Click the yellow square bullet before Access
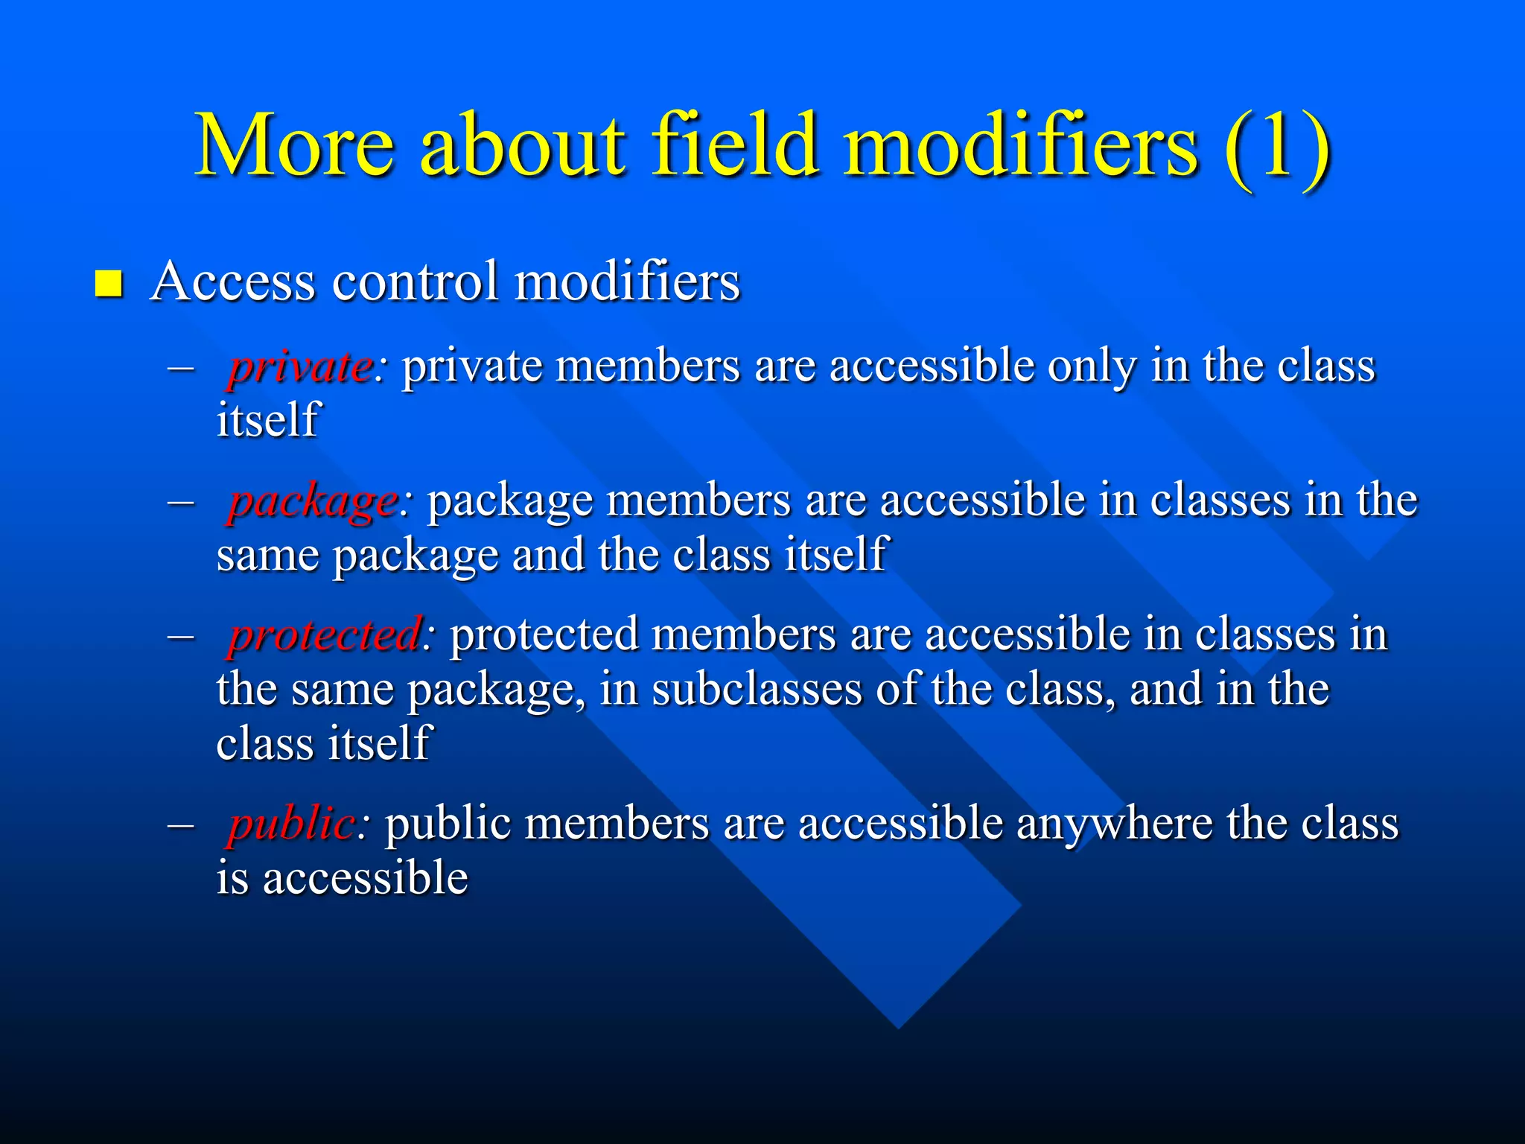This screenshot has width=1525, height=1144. [109, 285]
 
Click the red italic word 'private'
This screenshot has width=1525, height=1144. [301, 366]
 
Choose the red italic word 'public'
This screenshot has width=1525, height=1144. [291, 824]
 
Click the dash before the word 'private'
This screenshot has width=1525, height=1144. [181, 368]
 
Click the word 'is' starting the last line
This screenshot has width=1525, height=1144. [232, 877]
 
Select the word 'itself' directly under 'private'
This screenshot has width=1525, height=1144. [267, 420]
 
